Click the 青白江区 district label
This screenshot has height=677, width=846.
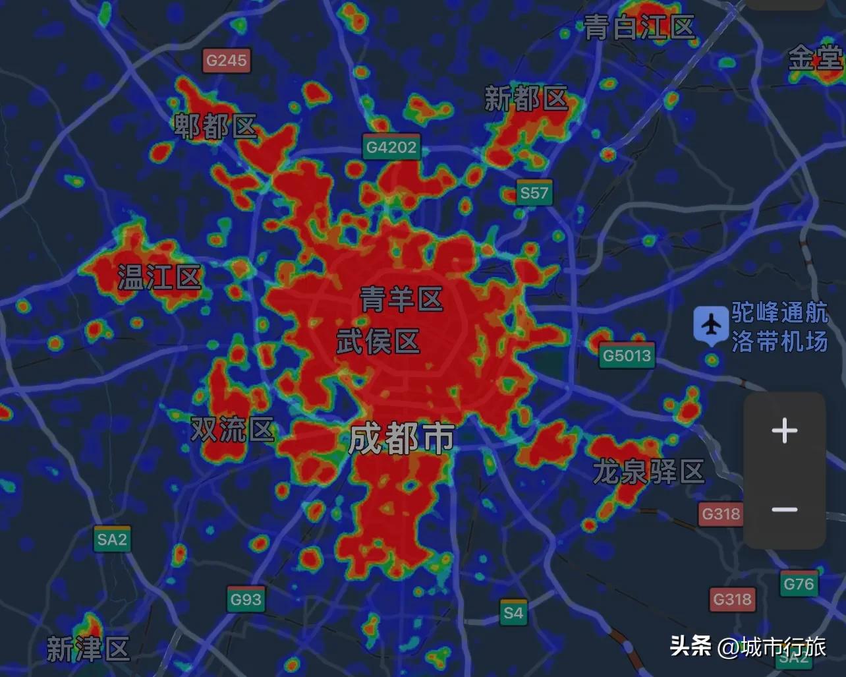point(639,28)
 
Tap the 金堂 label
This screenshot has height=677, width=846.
point(816,60)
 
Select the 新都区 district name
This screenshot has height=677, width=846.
point(526,100)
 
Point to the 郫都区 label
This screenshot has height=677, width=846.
point(215,127)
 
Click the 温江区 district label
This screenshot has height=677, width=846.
point(159,278)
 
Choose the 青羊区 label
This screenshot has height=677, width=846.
point(401,300)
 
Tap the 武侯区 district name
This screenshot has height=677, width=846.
point(378,342)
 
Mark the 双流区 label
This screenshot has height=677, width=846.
point(232,430)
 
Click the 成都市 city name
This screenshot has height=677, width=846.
point(401,438)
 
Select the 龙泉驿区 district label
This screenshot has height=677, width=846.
point(648,472)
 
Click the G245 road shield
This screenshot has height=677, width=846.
point(226,61)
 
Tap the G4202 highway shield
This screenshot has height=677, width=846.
point(391,147)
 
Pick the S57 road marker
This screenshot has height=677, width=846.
point(534,192)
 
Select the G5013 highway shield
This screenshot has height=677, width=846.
point(627,356)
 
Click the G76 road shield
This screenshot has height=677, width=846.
point(799,584)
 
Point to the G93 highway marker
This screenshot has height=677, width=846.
point(246,600)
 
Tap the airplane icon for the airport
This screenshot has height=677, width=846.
point(711,325)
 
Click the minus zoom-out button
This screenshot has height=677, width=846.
point(784,510)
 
